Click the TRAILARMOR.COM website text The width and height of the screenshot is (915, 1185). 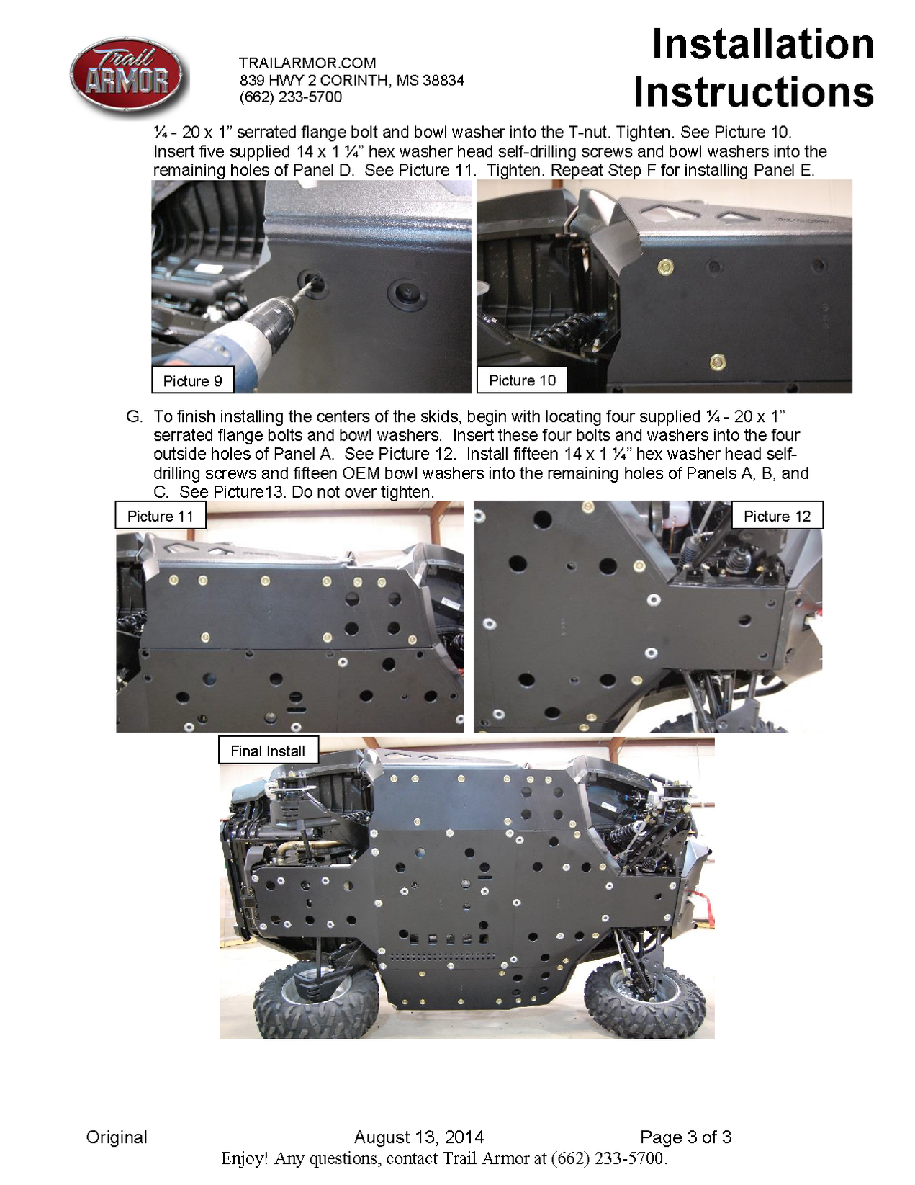(x=307, y=63)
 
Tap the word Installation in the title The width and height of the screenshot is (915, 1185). (x=762, y=45)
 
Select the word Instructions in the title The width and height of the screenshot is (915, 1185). (x=753, y=93)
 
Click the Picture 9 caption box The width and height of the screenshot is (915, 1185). (x=192, y=380)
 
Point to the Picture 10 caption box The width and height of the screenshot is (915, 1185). (x=522, y=380)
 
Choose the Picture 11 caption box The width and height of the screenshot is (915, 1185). (x=161, y=516)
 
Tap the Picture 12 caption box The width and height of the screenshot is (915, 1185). (x=777, y=516)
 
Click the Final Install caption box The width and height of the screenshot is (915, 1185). (x=268, y=751)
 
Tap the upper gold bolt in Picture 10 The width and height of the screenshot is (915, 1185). (x=666, y=268)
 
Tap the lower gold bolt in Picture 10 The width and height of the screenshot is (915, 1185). (x=716, y=362)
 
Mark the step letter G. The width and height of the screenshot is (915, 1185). (x=134, y=416)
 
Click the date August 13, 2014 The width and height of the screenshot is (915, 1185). (x=419, y=1137)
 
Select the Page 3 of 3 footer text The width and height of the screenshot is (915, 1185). (x=685, y=1137)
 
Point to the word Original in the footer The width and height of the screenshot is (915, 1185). (x=117, y=1137)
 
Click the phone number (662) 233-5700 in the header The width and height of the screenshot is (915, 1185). (x=291, y=97)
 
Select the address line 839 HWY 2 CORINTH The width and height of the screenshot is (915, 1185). (x=351, y=81)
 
